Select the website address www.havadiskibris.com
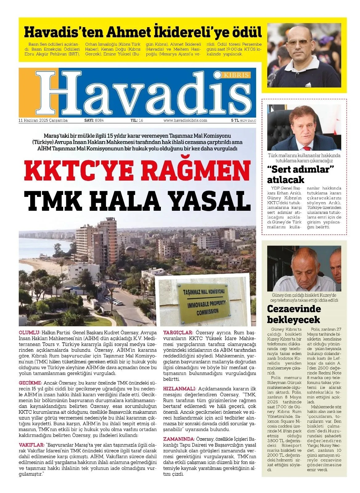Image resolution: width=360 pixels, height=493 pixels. pos(185,120)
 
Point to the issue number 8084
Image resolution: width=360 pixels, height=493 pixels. pos(99,120)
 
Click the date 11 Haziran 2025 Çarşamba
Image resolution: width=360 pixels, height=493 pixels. pos(43,120)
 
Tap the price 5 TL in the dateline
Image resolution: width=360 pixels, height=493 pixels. pos(235,120)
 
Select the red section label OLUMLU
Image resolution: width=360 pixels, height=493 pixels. pos(30,333)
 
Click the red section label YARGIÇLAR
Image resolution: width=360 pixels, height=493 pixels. pos(178,333)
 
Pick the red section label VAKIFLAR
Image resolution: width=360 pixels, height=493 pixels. pos(32,445)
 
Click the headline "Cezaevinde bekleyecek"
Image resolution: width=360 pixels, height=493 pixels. pos(289,314)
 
